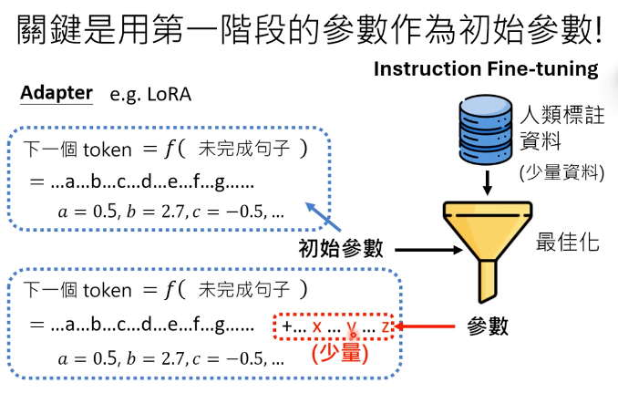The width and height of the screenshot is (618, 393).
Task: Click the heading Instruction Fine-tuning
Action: (x=486, y=70)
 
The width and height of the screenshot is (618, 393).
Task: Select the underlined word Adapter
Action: (x=57, y=93)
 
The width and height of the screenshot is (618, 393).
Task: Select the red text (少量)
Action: (x=339, y=353)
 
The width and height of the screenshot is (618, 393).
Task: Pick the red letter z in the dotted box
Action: (x=386, y=326)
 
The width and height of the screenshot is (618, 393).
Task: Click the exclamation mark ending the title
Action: (x=596, y=29)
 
